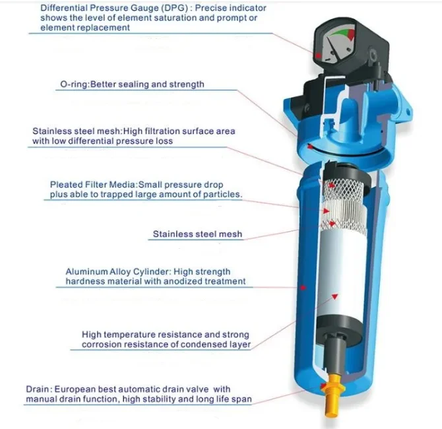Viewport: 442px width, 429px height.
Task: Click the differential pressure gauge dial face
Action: [x=335, y=46]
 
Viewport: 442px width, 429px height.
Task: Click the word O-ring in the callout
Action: [x=72, y=84]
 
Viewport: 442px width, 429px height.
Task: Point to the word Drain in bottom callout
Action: [x=38, y=389]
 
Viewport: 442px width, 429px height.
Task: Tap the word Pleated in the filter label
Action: [x=67, y=184]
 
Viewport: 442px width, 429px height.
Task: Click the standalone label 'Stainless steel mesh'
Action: [x=197, y=234]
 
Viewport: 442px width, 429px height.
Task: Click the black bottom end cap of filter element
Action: [x=339, y=330]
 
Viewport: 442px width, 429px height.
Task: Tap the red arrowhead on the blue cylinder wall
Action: [x=302, y=287]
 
